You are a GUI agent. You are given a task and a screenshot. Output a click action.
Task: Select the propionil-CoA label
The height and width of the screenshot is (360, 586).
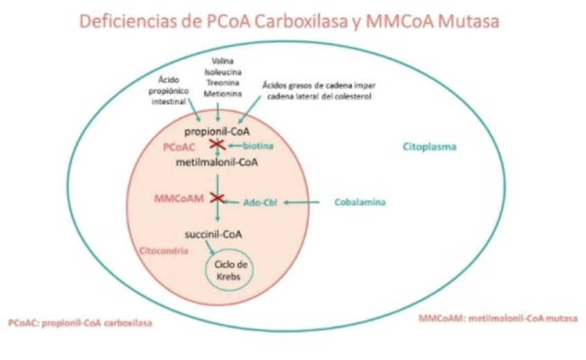216,131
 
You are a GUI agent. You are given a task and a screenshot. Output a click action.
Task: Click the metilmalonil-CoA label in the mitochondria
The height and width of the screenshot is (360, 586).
217,162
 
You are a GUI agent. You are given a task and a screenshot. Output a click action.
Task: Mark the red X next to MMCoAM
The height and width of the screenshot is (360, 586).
218,198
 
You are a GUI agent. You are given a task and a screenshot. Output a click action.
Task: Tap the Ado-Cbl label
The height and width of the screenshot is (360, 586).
259,202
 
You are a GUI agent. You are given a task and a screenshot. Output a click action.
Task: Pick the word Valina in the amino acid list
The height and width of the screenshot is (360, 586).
218,60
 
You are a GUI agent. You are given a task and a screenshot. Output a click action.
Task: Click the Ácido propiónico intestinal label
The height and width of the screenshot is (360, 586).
168,90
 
